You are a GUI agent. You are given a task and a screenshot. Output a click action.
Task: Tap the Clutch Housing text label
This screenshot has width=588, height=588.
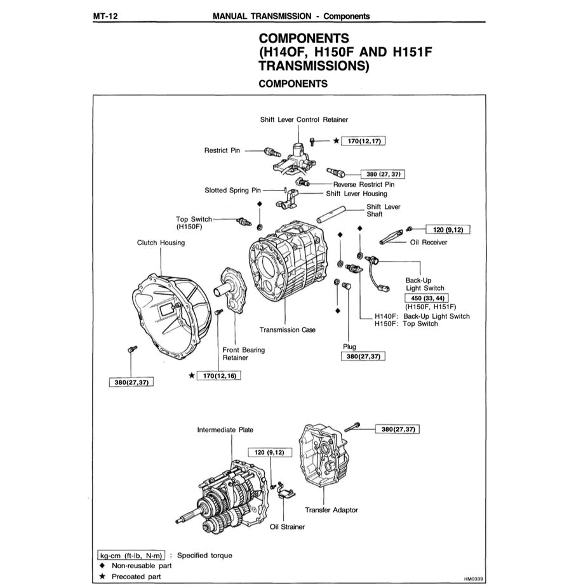coord(161,243)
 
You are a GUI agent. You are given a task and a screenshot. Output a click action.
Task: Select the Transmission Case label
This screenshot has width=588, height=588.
coord(287,330)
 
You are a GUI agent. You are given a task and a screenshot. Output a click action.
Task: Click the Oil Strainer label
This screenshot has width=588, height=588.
coord(287,526)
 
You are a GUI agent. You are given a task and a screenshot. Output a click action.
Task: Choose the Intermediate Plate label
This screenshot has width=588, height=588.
coord(225,430)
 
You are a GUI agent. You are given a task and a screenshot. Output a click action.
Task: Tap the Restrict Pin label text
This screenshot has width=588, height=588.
coord(222,150)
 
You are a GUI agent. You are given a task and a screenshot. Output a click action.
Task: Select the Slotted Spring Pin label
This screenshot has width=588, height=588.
coord(233,190)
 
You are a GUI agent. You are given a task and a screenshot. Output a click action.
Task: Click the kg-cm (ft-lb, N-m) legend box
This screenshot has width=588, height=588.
coord(131,555)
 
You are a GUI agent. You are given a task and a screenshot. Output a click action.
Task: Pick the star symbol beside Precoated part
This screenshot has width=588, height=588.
coord(102,577)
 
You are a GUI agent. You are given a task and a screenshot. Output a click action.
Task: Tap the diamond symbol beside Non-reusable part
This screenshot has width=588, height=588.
coord(102,565)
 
